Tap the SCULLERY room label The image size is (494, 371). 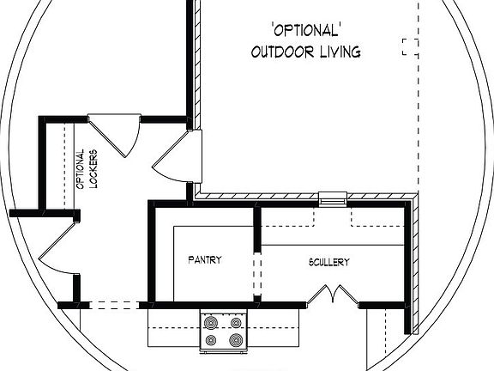(x=328, y=262)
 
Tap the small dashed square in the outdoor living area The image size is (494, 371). (x=409, y=46)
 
